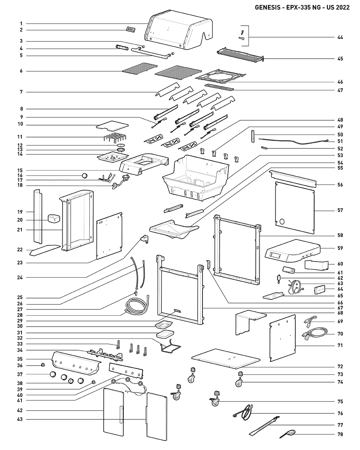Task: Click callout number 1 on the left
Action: point(21,24)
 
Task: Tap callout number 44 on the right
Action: point(340,37)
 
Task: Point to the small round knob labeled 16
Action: point(84,175)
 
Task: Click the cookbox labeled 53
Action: point(197,178)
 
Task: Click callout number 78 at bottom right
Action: point(340,435)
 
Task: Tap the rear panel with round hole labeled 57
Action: point(295,207)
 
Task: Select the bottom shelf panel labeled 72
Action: point(226,359)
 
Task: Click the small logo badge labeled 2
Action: point(131,30)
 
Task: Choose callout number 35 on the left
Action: point(20,359)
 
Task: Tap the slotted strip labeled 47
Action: point(219,87)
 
